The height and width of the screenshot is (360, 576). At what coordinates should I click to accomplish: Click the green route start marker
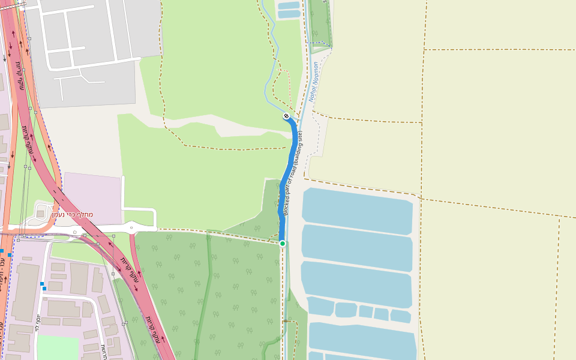click(x=283, y=243)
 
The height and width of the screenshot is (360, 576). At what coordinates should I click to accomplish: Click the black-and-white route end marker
click(x=287, y=116)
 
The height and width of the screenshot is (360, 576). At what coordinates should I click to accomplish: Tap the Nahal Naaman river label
click(x=313, y=82)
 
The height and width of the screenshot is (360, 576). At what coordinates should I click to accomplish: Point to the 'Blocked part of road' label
click(x=293, y=174)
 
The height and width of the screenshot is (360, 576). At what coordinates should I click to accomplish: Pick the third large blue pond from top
click(x=356, y=283)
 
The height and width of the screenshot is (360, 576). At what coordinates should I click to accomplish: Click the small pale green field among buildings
click(x=58, y=347)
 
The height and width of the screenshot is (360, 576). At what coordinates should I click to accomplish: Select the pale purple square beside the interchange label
click(x=92, y=198)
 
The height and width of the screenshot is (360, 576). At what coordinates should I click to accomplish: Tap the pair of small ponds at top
click(x=289, y=10)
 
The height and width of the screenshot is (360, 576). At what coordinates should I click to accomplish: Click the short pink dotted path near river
click(x=287, y=84)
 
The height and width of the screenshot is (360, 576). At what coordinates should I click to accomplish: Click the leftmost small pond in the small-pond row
click(x=320, y=305)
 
